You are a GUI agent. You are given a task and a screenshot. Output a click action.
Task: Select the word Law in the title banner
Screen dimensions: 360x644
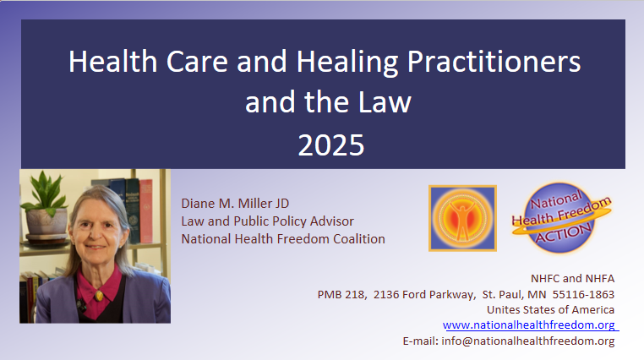pos(385,102)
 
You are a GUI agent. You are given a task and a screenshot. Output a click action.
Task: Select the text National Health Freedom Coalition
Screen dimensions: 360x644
pos(283,238)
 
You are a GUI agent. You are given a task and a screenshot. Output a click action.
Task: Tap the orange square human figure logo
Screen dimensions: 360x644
pos(462,218)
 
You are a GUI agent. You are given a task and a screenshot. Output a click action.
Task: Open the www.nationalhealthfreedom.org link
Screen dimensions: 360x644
pos(529,325)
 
